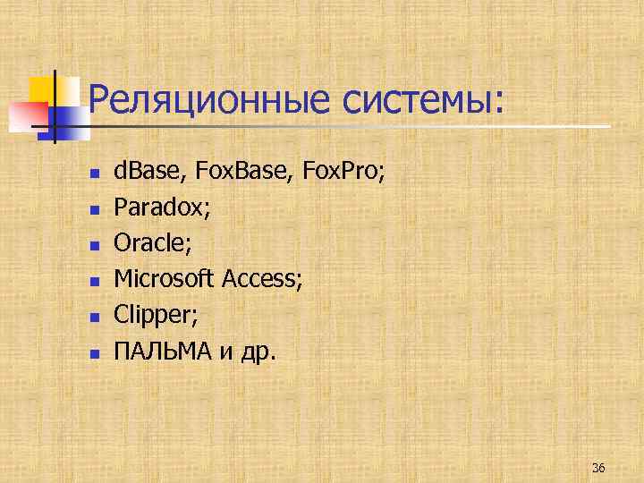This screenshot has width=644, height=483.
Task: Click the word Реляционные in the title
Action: (208, 99)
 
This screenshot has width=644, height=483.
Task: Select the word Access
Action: (263, 279)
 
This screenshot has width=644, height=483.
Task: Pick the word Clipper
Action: (152, 316)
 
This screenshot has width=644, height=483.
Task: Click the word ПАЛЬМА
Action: (162, 352)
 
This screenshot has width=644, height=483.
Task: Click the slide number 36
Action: (598, 468)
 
